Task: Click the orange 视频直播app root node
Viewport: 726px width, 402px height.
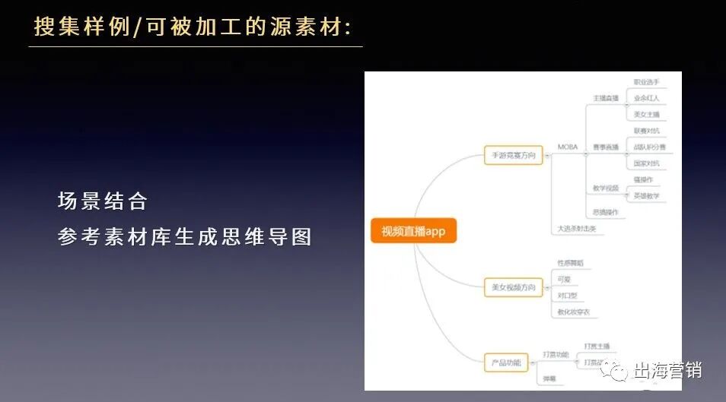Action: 413,231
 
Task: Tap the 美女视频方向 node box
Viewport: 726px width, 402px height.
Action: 513,287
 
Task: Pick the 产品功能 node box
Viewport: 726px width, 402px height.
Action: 506,363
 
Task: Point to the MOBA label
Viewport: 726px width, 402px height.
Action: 568,147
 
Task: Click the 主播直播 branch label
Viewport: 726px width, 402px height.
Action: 606,98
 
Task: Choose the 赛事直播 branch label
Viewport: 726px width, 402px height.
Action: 606,147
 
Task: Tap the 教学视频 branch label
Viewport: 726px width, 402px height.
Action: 606,188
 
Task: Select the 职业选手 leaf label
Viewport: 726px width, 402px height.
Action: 646,82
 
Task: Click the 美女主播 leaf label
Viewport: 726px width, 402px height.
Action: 646,115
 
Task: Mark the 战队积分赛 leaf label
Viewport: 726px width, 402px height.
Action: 649,147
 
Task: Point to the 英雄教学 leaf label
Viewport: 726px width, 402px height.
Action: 646,196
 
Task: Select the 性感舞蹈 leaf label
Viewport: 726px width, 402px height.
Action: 571,263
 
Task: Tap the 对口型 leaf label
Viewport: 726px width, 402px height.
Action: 568,296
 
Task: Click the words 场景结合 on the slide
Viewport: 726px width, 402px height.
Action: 103,201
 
